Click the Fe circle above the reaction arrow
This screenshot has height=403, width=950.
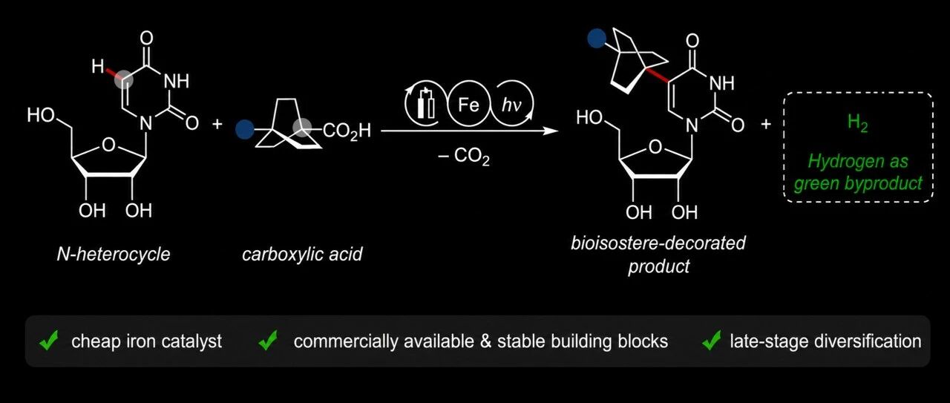(468, 104)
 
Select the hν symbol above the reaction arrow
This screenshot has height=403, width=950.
(511, 105)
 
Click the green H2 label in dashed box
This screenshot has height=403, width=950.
(857, 123)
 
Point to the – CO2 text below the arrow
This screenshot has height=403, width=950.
(464, 157)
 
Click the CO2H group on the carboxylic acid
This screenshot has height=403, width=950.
(347, 131)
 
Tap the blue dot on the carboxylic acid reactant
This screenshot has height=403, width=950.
(245, 129)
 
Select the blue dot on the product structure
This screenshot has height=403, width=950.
(597, 38)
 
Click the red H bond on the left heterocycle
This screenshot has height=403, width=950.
(112, 73)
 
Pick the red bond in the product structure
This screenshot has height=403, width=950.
(657, 75)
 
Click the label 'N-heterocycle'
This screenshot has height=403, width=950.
(114, 254)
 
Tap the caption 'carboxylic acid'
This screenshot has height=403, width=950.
(302, 254)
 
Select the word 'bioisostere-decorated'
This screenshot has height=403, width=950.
(658, 243)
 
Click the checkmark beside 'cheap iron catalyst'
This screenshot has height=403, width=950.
(49, 340)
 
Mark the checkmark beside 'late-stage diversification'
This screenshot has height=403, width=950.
(711, 340)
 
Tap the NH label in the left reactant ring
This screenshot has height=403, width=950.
(176, 81)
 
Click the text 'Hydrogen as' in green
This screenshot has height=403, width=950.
(857, 161)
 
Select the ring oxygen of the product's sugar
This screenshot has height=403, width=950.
(655, 147)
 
